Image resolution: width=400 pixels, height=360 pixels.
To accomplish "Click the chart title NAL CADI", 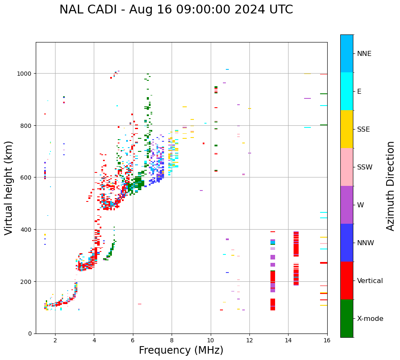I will (176, 10).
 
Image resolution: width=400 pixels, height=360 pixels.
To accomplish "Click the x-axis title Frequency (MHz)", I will (181, 350).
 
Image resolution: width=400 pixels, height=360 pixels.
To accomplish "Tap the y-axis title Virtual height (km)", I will (9, 188).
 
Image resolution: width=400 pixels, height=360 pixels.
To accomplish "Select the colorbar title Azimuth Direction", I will (391, 186).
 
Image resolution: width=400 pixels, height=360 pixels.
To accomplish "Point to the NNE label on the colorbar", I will (364, 54).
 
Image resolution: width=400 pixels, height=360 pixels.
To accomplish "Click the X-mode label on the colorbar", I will (370, 319).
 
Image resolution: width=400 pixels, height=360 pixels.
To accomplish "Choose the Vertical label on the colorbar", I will (370, 281).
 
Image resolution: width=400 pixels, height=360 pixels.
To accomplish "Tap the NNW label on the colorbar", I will (366, 243).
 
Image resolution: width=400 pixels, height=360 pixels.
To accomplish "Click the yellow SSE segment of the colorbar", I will (347, 129).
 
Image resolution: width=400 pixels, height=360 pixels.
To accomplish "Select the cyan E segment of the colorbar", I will (347, 91).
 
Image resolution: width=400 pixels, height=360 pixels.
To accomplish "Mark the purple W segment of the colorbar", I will (347, 205).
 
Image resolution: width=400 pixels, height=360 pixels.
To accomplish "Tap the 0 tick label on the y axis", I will (30, 334).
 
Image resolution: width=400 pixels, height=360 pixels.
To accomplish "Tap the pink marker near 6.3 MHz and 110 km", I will (140, 304).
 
